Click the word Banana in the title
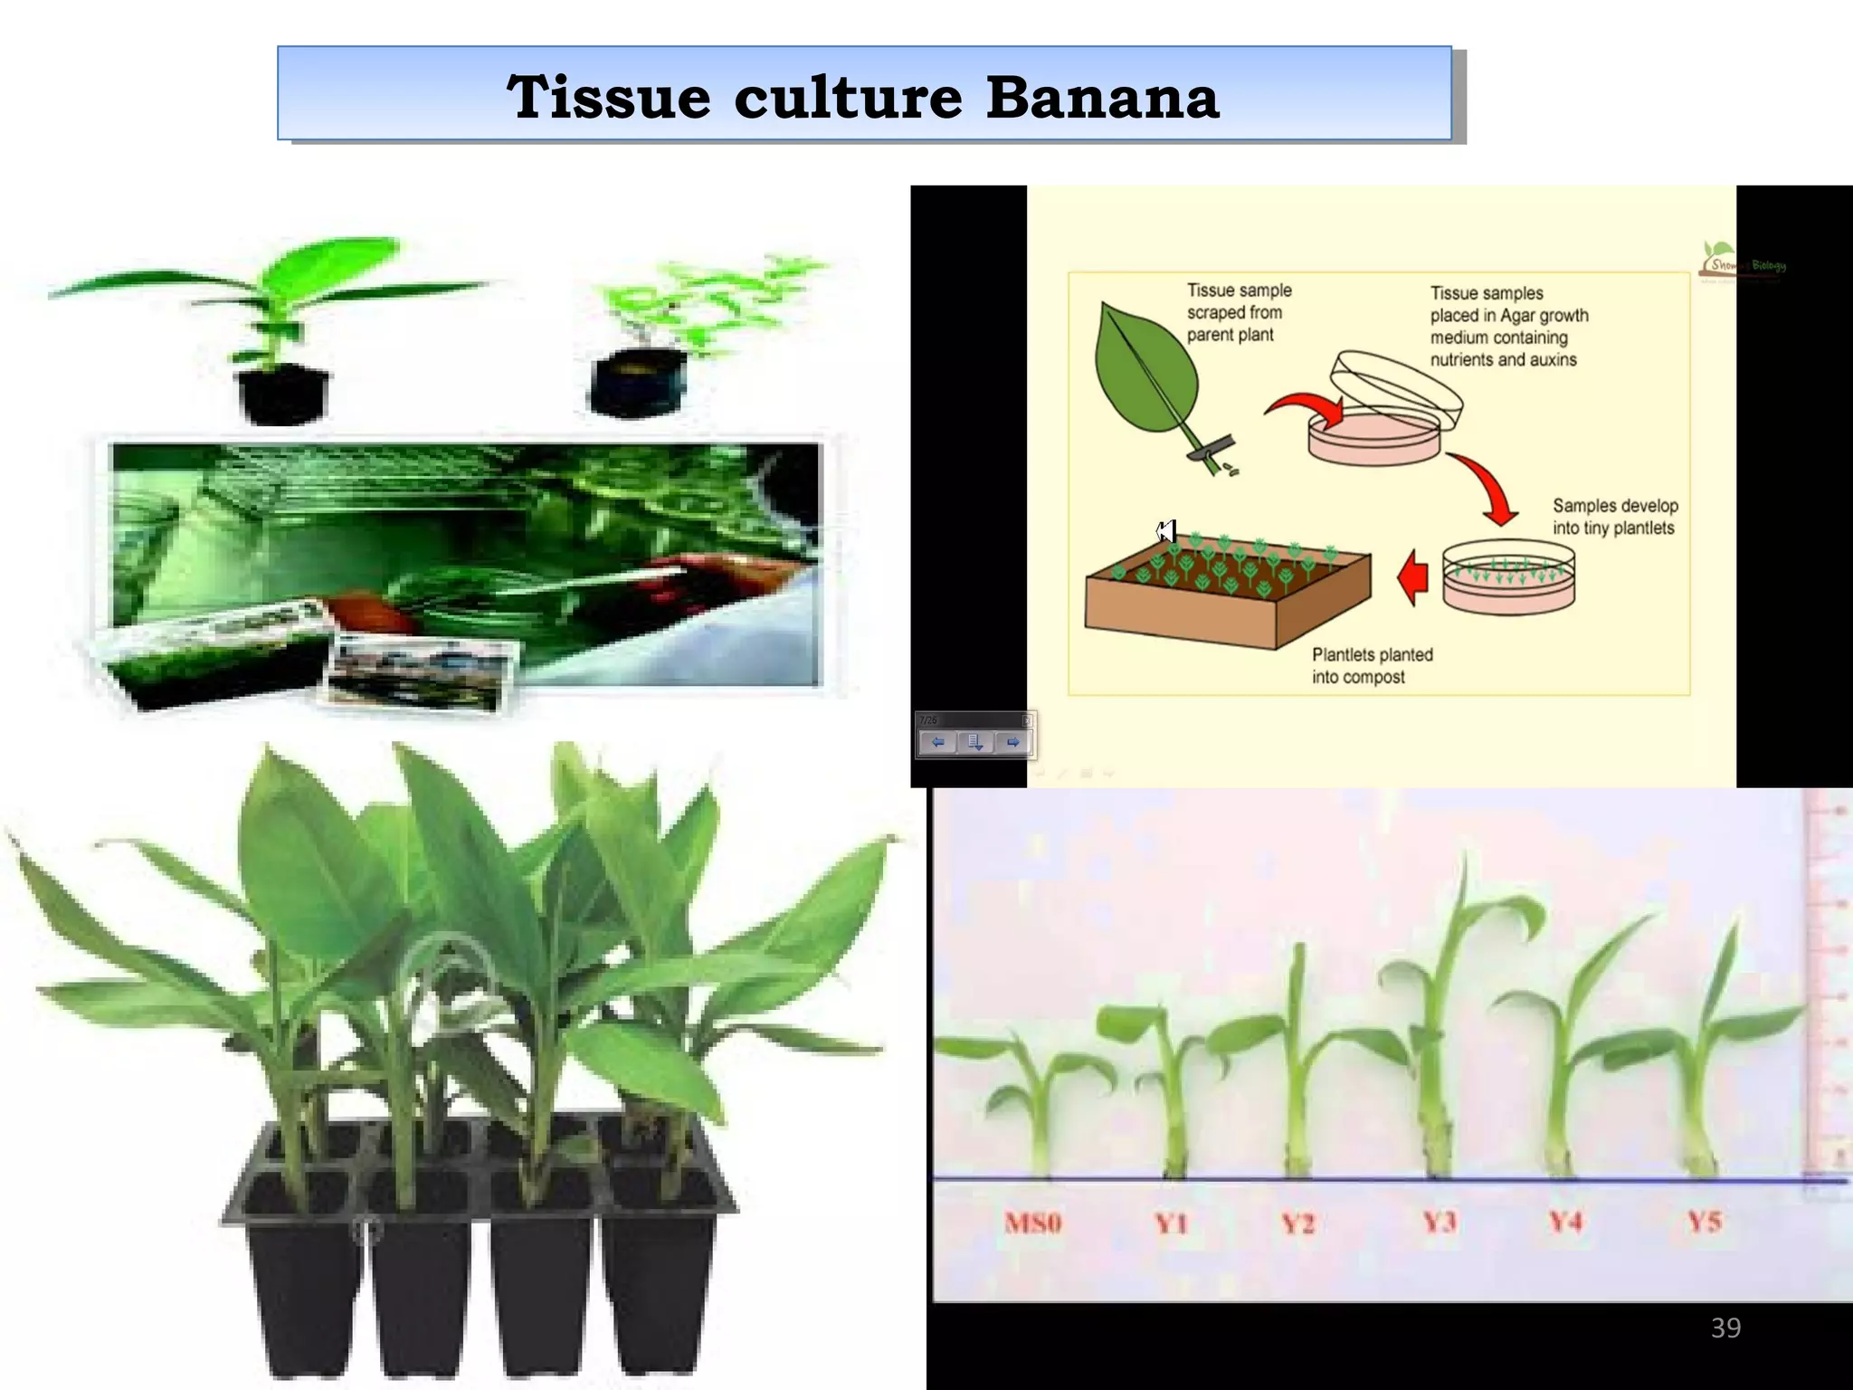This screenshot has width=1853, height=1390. [x=1102, y=97]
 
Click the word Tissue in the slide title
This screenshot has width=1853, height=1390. [x=608, y=97]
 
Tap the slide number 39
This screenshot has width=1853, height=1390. [x=1725, y=1328]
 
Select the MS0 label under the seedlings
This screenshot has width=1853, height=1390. [x=1032, y=1223]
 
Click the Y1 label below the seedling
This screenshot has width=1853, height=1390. [x=1171, y=1223]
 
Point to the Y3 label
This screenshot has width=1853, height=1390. [x=1439, y=1223]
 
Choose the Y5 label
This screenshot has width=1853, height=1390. [x=1704, y=1222]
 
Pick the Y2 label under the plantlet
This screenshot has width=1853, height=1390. [x=1297, y=1223]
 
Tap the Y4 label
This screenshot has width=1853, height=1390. [x=1565, y=1223]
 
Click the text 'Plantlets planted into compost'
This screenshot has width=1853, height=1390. [x=1372, y=665]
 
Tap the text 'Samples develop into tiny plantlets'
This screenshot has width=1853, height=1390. [x=1614, y=517]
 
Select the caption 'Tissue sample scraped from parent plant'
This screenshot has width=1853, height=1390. [x=1239, y=312]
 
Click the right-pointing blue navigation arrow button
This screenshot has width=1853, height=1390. [x=1012, y=743]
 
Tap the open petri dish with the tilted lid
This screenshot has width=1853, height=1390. [x=1384, y=416]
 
